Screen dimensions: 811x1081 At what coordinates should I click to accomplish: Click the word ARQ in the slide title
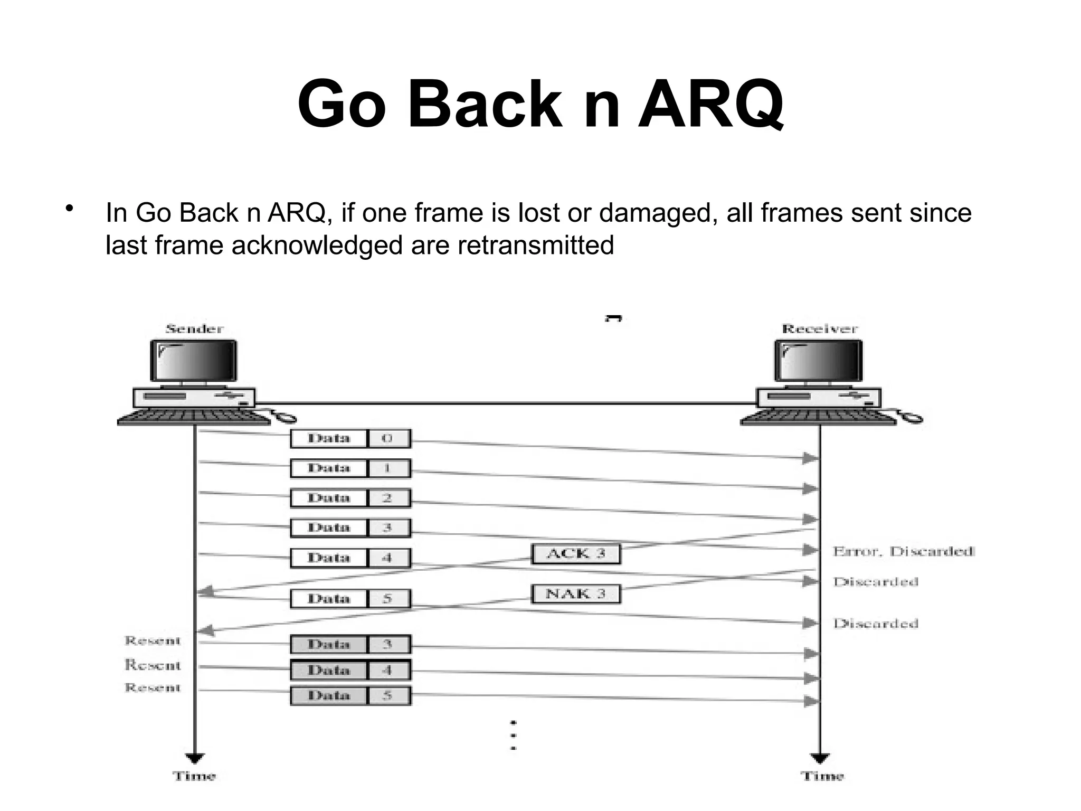pos(710,104)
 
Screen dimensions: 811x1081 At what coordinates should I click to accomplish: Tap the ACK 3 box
pos(575,554)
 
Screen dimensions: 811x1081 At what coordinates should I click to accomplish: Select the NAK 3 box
pos(575,594)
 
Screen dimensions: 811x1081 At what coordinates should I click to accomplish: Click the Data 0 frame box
pos(350,438)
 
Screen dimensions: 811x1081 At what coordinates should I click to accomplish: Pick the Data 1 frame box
pos(350,468)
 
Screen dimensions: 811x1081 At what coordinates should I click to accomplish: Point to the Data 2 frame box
pos(350,498)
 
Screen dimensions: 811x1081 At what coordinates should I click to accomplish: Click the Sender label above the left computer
pos(194,329)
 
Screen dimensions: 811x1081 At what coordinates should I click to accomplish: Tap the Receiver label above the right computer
pos(819,329)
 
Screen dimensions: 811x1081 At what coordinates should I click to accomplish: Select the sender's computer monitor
pos(194,361)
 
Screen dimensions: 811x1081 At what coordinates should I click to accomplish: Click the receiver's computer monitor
pos(819,361)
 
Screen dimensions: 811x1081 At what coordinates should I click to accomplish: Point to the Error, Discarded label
pos(903,552)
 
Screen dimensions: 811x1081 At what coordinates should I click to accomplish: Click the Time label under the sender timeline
pos(194,776)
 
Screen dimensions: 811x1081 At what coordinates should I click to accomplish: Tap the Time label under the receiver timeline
pos(822,776)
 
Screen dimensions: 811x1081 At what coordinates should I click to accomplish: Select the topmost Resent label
pos(153,641)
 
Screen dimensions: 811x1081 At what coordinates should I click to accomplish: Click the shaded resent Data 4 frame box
pos(350,670)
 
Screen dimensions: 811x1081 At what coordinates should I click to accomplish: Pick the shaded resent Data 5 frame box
pos(350,695)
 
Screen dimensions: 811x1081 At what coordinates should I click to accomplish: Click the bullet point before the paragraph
pos(68,209)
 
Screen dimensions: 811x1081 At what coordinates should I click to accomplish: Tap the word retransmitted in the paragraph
pos(535,246)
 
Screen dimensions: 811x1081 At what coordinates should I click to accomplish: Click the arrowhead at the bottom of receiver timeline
pos(820,759)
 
